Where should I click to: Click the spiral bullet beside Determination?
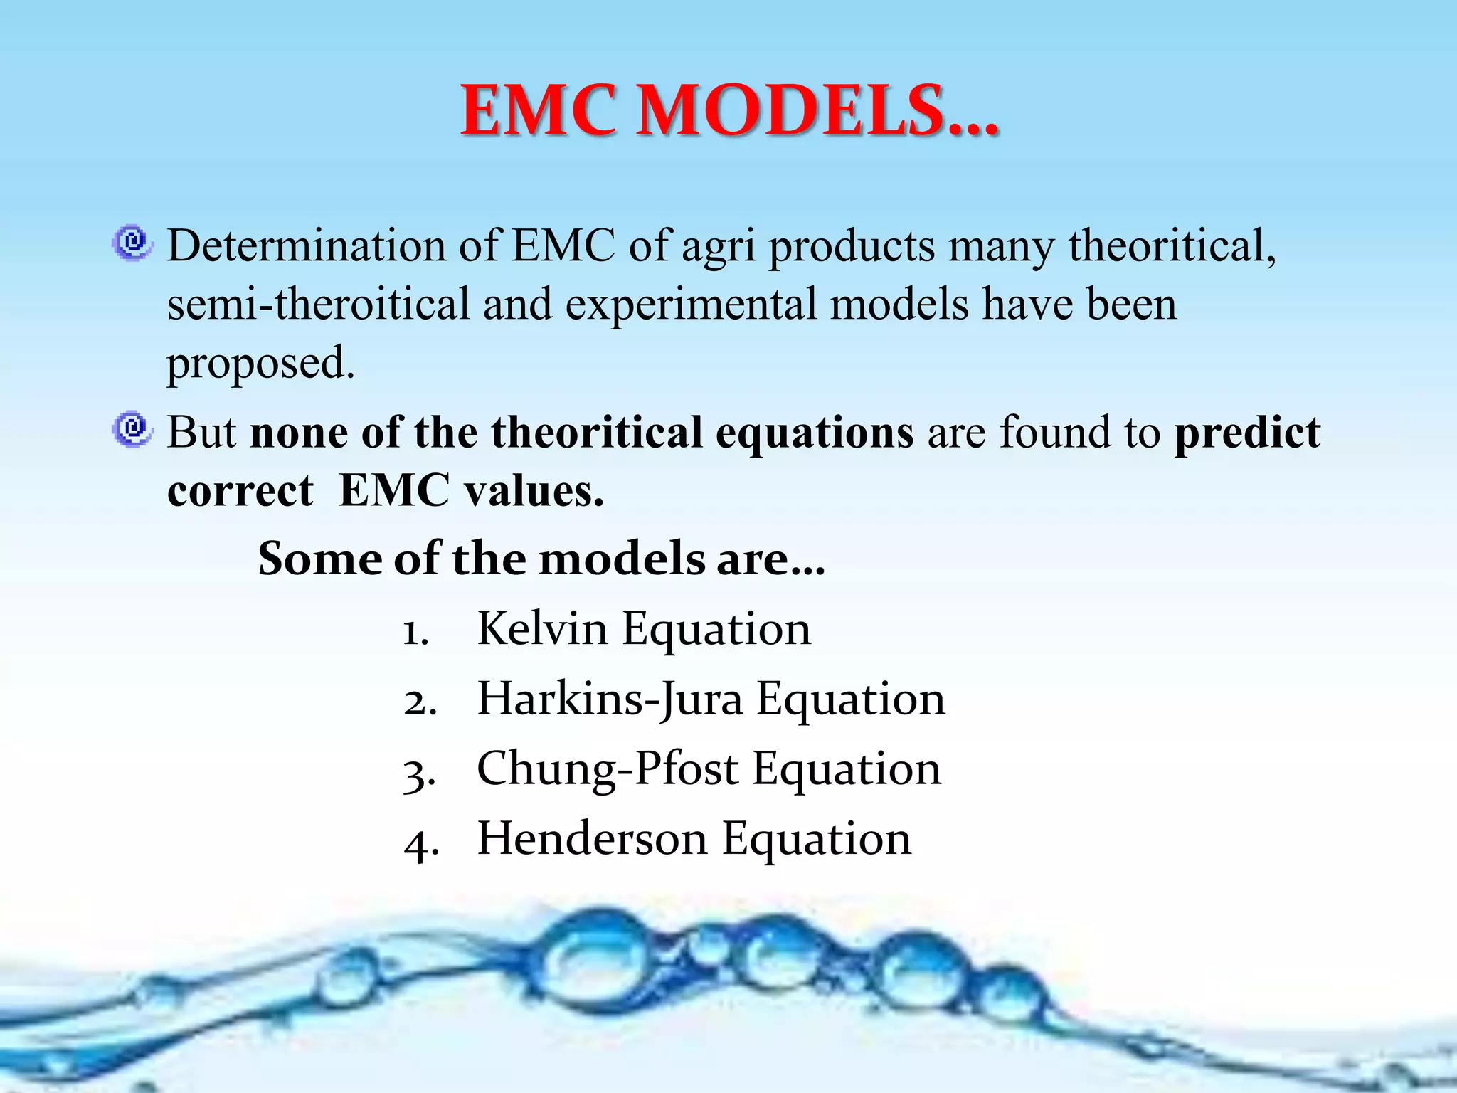pos(132,243)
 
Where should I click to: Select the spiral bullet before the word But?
pos(132,429)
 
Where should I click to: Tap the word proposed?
pos(260,364)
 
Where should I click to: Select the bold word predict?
pos(1247,433)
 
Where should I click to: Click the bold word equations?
pos(814,433)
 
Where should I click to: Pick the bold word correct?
pos(240,491)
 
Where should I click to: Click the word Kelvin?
pos(541,629)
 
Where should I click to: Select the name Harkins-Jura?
pos(610,699)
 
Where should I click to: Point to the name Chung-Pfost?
pos(608,769)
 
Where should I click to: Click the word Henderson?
pos(592,839)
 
